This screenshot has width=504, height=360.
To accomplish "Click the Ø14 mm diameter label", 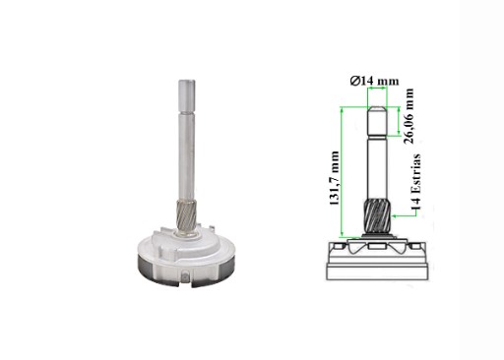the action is coord(374,81).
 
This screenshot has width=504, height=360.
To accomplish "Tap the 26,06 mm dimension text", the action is coord(409,116).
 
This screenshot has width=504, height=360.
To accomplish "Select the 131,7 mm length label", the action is coord(334,178).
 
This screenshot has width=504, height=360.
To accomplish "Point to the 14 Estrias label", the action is coord(415,182).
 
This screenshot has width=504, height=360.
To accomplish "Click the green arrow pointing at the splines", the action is coord(405,214).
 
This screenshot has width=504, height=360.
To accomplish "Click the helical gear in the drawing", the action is coord(377,216).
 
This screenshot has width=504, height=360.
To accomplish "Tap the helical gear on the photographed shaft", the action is coord(186,215).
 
